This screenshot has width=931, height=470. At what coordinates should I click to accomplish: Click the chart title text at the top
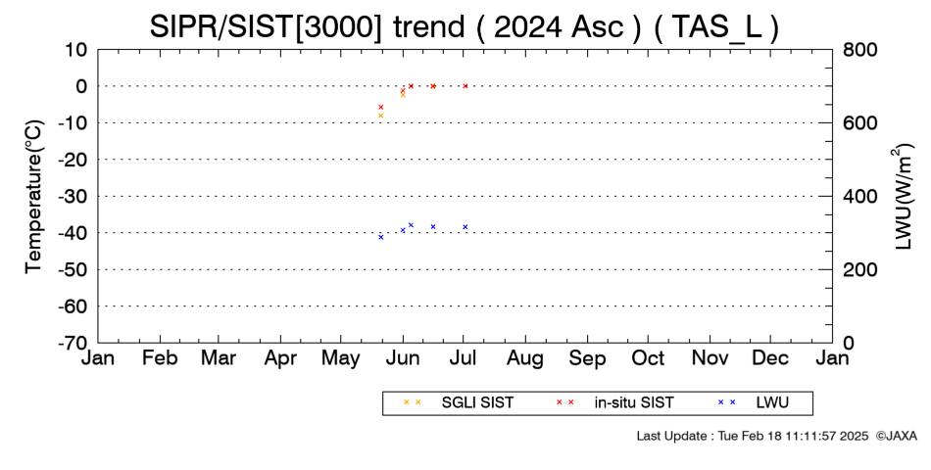coord(464,26)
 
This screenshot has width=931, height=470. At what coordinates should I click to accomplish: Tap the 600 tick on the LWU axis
coord(858,122)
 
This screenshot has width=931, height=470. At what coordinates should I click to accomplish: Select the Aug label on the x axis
coord(525,358)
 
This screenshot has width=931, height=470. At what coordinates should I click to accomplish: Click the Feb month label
coord(160,358)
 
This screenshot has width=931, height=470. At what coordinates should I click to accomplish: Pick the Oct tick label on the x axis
coord(648,358)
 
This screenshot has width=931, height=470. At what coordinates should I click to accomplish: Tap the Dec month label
coord(770,358)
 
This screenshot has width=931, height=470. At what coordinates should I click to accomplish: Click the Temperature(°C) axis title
coord(34,197)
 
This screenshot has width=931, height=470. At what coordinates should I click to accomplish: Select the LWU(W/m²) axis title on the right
coord(902,197)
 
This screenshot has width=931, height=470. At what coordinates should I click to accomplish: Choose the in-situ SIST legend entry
coord(615,402)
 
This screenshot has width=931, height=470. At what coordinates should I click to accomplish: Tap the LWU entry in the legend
coord(753,402)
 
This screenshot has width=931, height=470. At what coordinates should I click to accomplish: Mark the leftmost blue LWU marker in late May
coord(381,237)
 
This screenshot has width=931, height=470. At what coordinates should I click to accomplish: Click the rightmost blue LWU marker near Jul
coord(465,227)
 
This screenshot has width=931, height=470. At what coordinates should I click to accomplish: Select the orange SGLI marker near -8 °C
coord(380,116)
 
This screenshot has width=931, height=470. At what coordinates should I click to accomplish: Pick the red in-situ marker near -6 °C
coord(381,107)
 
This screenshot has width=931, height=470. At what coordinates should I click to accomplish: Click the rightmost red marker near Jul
coord(465,86)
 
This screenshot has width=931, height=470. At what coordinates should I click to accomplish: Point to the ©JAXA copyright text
coord(896,436)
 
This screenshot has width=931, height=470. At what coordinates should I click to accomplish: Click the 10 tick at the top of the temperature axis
coord(76,49)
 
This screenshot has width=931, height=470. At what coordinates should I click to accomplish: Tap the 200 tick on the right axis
coord(858,269)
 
